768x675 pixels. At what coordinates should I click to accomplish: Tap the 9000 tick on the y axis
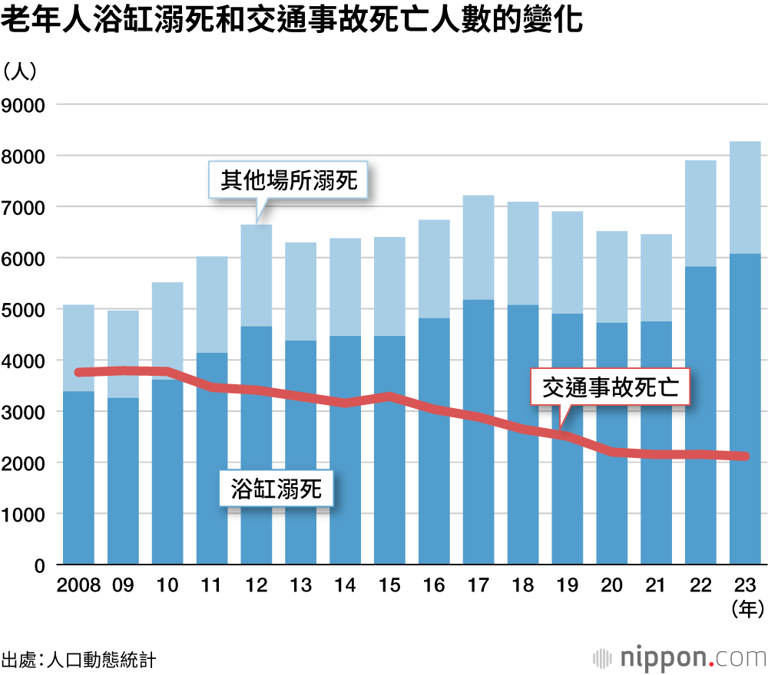tap(25, 104)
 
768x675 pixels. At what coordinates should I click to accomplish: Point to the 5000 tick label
tap(25, 309)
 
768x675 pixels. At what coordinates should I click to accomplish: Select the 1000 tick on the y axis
tap(25, 514)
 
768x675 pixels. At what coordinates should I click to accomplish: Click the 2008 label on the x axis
tap(78, 585)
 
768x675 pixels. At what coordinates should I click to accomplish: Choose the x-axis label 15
tap(389, 585)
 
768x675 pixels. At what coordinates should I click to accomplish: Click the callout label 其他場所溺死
tap(290, 181)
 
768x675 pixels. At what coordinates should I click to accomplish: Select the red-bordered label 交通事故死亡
tap(611, 388)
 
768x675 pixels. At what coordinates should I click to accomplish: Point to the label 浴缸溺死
tap(276, 489)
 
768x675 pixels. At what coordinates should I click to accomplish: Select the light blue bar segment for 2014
tap(345, 287)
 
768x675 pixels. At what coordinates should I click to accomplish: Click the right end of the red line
tap(744, 456)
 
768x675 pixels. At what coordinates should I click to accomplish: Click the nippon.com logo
tap(680, 657)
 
